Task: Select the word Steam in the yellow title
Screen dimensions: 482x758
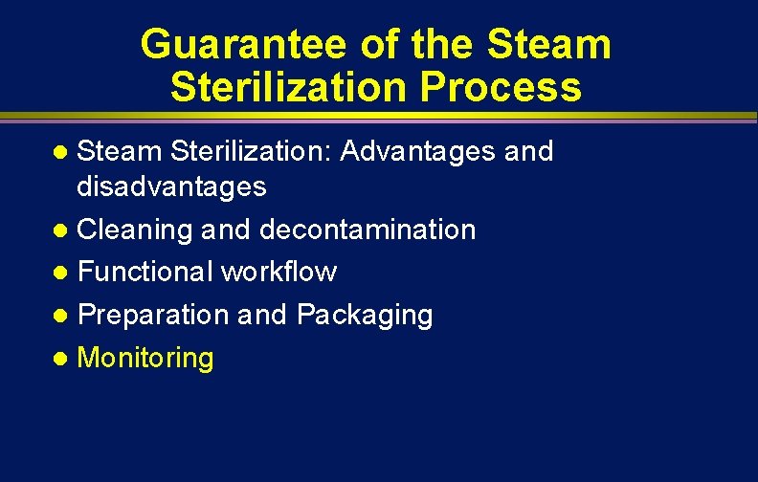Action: click(548, 45)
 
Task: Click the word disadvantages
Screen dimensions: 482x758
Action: click(171, 186)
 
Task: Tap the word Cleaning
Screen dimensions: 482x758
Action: click(135, 230)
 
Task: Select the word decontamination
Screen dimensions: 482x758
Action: click(368, 230)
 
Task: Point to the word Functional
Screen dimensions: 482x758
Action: click(145, 272)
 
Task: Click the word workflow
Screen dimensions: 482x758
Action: click(279, 272)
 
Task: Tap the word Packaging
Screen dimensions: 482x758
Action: click(365, 315)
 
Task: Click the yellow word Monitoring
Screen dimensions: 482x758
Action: click(145, 359)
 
